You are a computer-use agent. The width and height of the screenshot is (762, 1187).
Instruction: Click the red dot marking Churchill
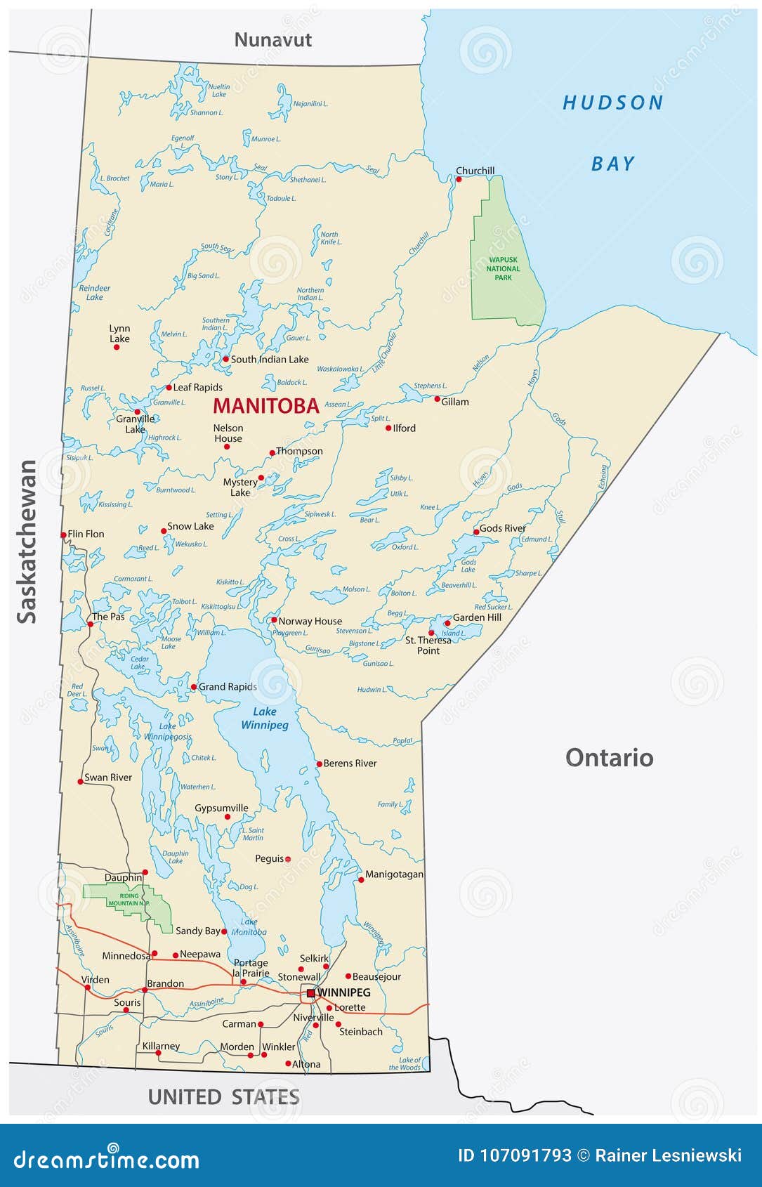[459, 179]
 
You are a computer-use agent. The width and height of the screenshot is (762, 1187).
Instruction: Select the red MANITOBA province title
[266, 405]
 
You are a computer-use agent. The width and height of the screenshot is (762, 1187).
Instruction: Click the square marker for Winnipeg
[310, 992]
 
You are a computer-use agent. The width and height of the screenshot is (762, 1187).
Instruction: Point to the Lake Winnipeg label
[265, 718]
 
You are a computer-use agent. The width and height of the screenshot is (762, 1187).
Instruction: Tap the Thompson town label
[299, 451]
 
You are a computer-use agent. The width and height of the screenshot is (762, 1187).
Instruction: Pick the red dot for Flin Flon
[63, 535]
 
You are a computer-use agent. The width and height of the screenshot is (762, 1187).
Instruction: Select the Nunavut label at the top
[272, 39]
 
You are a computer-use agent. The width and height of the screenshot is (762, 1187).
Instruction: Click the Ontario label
[609, 757]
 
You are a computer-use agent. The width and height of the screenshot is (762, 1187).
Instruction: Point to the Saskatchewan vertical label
[27, 541]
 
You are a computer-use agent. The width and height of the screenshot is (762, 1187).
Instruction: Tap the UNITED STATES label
[223, 1096]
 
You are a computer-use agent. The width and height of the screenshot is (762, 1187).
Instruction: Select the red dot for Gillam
[437, 399]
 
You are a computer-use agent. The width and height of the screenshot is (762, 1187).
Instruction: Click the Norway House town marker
[274, 620]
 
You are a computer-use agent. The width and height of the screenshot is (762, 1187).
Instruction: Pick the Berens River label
[350, 763]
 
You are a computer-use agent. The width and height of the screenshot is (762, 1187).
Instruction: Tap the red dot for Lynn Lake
[117, 347]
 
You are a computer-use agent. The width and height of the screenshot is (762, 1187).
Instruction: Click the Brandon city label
[166, 983]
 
